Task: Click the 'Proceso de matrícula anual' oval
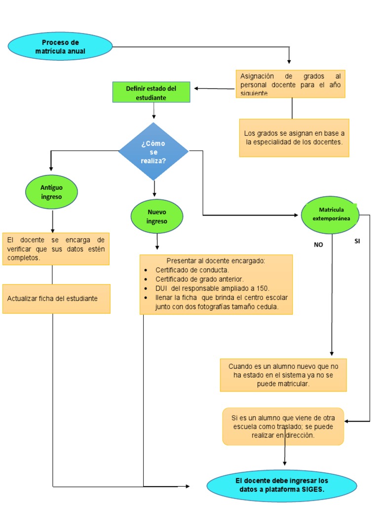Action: (60, 47)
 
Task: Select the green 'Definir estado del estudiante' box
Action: (151, 93)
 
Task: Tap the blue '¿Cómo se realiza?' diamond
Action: (153, 151)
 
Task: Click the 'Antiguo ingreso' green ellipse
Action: (51, 192)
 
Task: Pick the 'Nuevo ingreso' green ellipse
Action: (157, 216)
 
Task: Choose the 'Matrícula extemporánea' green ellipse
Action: (331, 215)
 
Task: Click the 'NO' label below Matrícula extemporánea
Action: (318, 244)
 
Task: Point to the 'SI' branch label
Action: (358, 241)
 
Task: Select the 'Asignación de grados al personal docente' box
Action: (290, 84)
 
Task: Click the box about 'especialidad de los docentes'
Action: (294, 138)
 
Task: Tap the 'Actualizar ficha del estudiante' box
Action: (56, 298)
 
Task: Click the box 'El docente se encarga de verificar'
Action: (56, 249)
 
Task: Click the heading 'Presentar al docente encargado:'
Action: (216, 260)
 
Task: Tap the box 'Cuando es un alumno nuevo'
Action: (283, 375)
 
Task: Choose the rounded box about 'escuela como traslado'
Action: (283, 426)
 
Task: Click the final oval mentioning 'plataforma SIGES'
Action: (281, 485)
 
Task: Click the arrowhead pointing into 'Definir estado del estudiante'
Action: (196, 89)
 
